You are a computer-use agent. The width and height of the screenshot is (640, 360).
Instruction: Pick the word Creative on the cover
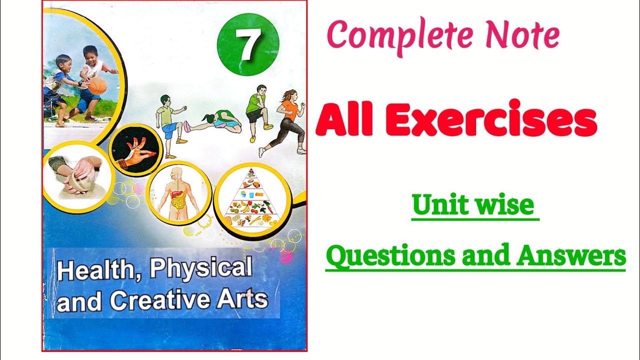pos(159,300)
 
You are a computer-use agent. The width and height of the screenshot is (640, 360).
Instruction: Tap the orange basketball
pos(97,85)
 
